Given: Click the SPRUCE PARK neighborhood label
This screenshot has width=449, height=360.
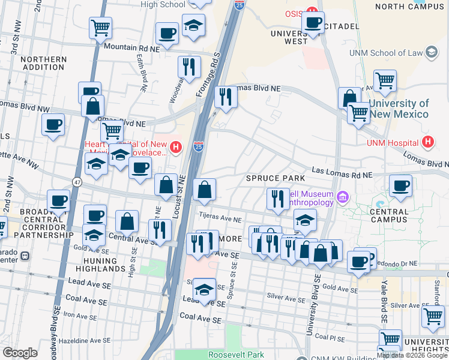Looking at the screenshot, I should (x=276, y=178).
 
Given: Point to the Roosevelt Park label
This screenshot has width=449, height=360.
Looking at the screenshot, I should (x=236, y=355).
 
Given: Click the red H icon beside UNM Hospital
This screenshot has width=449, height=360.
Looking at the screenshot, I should (x=427, y=142).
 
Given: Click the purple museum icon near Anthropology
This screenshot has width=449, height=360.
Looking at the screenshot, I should (x=343, y=196).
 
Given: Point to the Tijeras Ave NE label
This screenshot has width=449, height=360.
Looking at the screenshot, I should (x=220, y=220).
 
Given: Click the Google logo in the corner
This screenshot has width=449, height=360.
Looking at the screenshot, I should (x=20, y=352).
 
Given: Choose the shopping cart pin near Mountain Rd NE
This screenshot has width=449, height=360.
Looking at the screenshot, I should (x=101, y=27).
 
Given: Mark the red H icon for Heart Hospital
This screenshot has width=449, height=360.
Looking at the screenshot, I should (x=176, y=147).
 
